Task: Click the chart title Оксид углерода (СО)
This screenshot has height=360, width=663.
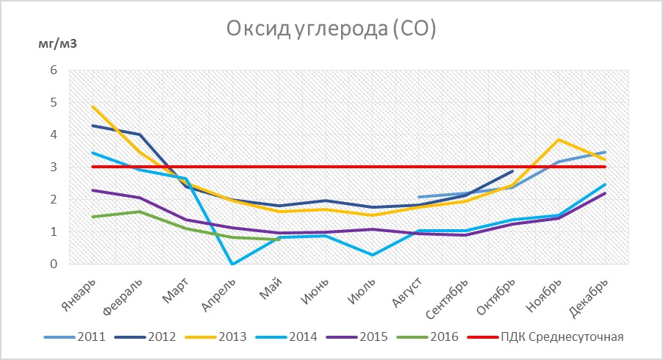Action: [331, 30]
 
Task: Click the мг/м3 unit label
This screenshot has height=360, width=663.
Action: [57, 43]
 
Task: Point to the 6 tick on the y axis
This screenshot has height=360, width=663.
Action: [52, 71]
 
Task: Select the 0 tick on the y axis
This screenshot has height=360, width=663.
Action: [52, 264]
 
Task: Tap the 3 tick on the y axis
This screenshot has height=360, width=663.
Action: [52, 168]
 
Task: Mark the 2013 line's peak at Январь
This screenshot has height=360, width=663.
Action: [93, 107]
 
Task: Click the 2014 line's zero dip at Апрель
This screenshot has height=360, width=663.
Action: [232, 264]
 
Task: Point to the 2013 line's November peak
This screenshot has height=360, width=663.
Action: [559, 140]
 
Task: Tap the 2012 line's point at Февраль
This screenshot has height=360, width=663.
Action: [139, 134]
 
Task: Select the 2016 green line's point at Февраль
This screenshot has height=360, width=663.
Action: [139, 212]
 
